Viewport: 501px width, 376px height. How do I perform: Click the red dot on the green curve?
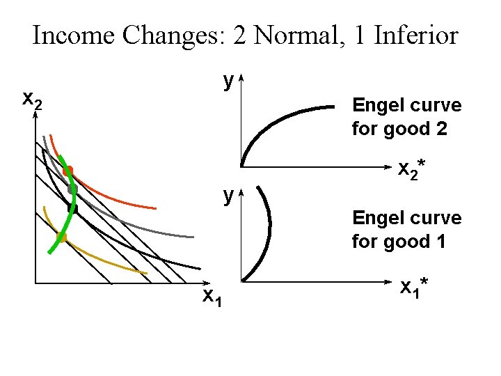67,171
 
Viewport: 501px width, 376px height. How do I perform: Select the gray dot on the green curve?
72,189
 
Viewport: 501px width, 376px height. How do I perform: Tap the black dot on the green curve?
72,207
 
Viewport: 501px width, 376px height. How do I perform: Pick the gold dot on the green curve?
61,237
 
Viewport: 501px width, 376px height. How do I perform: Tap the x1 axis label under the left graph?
212,297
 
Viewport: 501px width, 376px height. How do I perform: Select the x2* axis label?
411,169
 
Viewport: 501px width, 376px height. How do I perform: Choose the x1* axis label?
413,286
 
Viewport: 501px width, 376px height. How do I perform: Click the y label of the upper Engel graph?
228,81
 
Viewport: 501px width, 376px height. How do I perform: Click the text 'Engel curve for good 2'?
406,117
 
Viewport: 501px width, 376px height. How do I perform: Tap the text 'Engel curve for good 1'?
406,230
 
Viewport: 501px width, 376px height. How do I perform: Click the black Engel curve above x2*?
278,118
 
